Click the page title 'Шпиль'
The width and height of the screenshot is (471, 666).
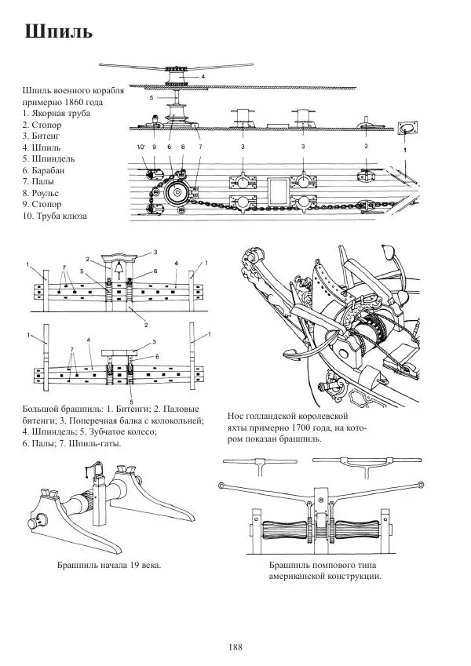coord(59,32)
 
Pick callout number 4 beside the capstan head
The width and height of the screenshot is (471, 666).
coord(202,77)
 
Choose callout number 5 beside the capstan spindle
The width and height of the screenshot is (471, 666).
coord(152,99)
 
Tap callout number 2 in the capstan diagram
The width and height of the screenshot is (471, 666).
coord(366,147)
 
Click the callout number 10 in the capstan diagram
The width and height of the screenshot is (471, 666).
coord(141,147)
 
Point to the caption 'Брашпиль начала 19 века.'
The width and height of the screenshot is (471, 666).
coord(108,565)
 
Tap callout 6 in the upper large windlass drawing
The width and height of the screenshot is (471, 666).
coord(155,271)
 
